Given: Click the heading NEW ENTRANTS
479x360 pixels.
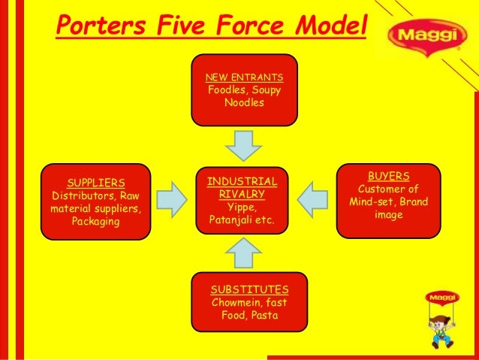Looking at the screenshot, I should pyautogui.click(x=244, y=77).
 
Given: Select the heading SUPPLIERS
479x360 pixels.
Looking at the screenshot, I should pyautogui.click(x=96, y=183).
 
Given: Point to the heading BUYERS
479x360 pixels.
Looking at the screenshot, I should pyautogui.click(x=388, y=176).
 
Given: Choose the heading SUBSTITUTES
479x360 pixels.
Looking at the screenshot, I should pyautogui.click(x=249, y=289).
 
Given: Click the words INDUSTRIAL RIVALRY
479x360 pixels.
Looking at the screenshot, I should pyautogui.click(x=242, y=188).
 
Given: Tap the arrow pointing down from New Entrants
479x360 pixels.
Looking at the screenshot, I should pyautogui.click(x=243, y=144).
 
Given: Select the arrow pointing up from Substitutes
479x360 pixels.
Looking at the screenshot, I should pyautogui.click(x=243, y=253).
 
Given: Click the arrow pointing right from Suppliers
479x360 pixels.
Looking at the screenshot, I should pyautogui.click(x=172, y=198).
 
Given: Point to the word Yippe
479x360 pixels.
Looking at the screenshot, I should pyautogui.click(x=242, y=207).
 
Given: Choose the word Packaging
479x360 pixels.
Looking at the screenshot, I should pyautogui.click(x=95, y=222).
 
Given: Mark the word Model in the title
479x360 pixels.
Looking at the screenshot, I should pyautogui.click(x=324, y=27).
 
